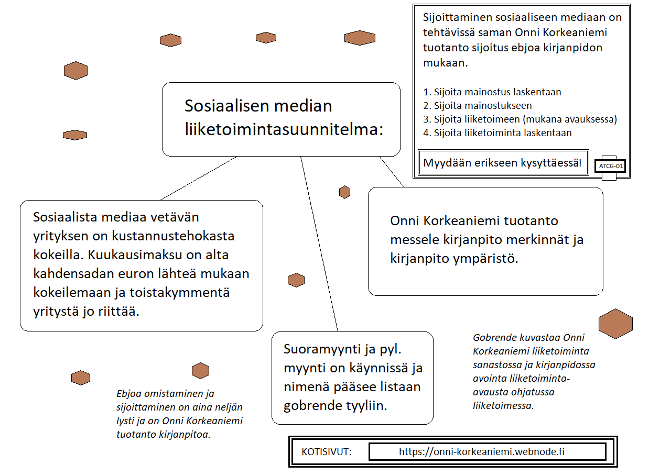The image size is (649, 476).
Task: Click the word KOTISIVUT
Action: (x=327, y=451)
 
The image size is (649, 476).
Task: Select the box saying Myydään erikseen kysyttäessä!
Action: (x=502, y=163)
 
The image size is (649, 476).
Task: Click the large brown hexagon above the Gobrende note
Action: (x=615, y=323)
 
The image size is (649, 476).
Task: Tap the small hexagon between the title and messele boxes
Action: (x=344, y=192)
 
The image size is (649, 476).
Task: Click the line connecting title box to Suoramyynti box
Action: (x=319, y=243)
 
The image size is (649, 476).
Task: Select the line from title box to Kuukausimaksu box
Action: (x=199, y=178)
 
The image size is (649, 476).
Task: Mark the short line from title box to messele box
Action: (x=392, y=172)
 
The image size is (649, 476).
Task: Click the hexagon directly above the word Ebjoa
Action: (x=200, y=371)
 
